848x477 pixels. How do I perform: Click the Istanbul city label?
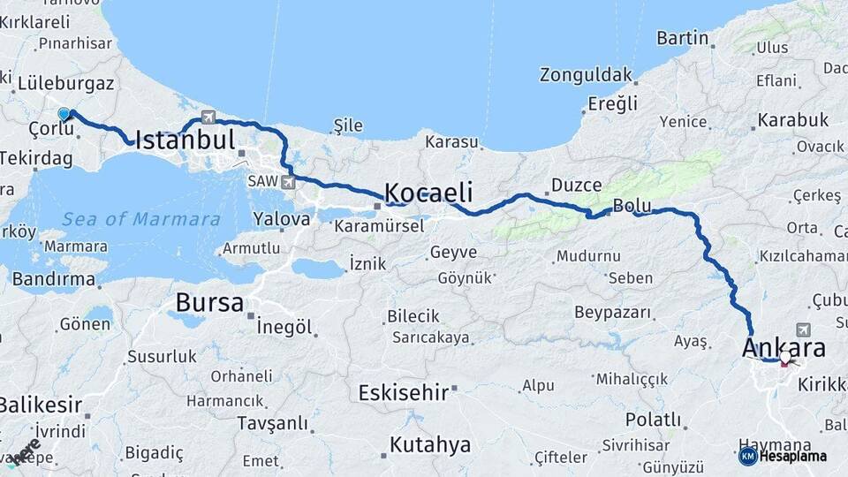click(185, 140)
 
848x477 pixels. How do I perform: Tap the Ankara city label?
click(784, 347)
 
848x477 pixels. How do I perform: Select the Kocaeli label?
click(428, 193)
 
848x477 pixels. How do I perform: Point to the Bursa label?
click(209, 303)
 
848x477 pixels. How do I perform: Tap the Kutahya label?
click(430, 444)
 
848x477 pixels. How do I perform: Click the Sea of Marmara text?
click(141, 219)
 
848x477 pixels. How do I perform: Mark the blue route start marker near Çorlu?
click(64, 114)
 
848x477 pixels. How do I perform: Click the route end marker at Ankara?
click(785, 360)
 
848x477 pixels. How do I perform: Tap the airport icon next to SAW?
click(288, 181)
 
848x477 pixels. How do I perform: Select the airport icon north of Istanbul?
click(208, 116)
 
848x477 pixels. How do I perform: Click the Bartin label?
click(683, 38)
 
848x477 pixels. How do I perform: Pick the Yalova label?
click(281, 218)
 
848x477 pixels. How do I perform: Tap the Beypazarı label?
click(612, 313)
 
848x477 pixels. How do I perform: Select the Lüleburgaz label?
click(65, 84)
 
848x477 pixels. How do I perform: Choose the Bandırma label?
click(53, 279)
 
